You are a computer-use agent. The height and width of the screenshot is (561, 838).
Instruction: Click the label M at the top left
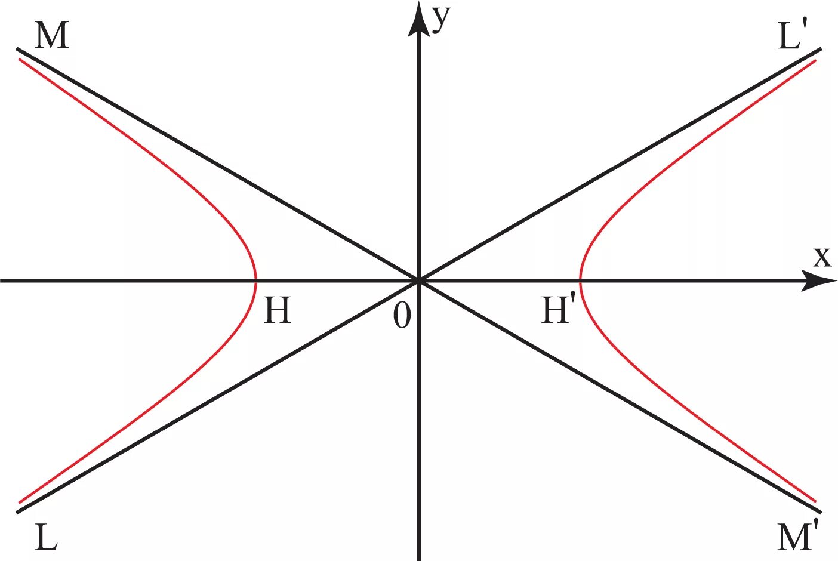coord(52,36)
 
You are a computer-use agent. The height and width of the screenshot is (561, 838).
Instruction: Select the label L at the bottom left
coord(46,538)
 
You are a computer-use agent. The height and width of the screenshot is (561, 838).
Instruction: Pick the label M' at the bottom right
coord(797,537)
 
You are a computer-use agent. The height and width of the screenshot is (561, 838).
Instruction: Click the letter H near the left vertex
coord(278,310)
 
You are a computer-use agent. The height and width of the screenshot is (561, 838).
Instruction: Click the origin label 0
coord(402,315)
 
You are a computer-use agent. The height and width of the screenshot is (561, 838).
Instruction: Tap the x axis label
coord(822,257)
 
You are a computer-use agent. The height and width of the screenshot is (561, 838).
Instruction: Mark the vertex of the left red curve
coord(256,280)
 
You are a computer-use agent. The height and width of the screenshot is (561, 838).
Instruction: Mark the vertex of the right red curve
coord(581,280)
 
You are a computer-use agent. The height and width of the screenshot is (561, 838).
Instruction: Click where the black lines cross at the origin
coord(419,280)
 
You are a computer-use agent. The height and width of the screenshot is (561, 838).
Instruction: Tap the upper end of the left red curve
coord(20,59)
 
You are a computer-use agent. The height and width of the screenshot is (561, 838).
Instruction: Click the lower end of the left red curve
coord(20,502)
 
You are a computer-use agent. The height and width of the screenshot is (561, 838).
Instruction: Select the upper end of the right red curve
coord(815,60)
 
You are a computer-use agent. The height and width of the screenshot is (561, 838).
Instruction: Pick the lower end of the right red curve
coord(815,501)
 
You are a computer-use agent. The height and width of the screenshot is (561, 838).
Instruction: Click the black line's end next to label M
coord(17,48)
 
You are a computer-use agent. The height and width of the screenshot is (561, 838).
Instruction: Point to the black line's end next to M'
coord(821,512)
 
